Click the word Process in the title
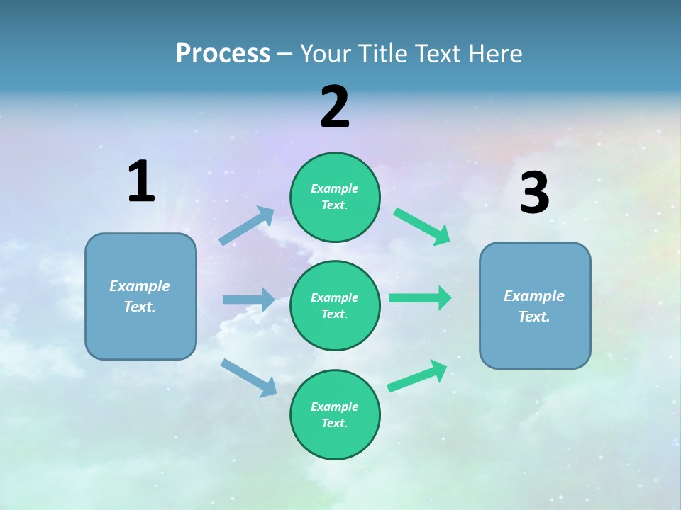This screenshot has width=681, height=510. (223, 54)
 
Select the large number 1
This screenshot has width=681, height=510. (141, 182)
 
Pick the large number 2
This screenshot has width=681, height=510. (335, 107)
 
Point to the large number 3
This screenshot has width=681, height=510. (534, 193)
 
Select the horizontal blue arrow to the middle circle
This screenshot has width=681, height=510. (249, 300)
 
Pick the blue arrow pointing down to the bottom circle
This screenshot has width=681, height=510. (249, 378)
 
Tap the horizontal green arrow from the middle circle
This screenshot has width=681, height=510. (420, 298)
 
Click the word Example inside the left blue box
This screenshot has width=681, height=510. (140, 286)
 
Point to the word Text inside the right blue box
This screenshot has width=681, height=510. (533, 317)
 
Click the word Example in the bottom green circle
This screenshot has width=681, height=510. (335, 407)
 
